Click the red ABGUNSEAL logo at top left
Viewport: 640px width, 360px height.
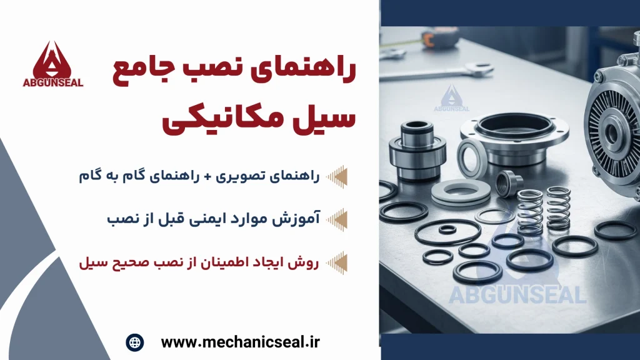coord(60,63)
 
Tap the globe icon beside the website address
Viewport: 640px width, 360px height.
coord(134,342)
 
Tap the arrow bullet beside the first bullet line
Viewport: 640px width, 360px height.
coord(337,176)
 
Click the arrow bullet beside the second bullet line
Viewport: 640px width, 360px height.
coord(337,219)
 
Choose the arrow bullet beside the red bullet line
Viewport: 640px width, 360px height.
coord(337,262)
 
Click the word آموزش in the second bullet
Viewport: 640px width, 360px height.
coord(298,219)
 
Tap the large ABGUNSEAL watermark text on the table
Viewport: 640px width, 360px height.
coord(515,294)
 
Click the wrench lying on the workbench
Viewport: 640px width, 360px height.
coord(437,72)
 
